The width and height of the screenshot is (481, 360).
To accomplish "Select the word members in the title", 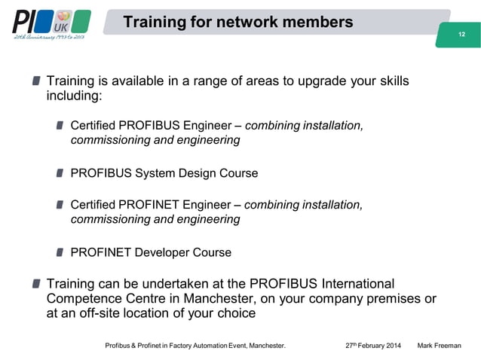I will point(321,23).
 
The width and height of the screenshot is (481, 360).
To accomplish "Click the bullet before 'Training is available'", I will point(37,81).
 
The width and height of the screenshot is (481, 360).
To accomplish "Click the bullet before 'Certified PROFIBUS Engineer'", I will point(60,124).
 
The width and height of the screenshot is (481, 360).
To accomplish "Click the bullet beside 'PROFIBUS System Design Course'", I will point(60,173).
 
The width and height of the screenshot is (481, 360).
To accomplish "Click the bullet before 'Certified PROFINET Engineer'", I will point(60,205).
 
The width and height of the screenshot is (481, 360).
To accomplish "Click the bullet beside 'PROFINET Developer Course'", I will point(60,252).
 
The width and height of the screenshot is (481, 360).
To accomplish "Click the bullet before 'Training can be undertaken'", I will point(37,284).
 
